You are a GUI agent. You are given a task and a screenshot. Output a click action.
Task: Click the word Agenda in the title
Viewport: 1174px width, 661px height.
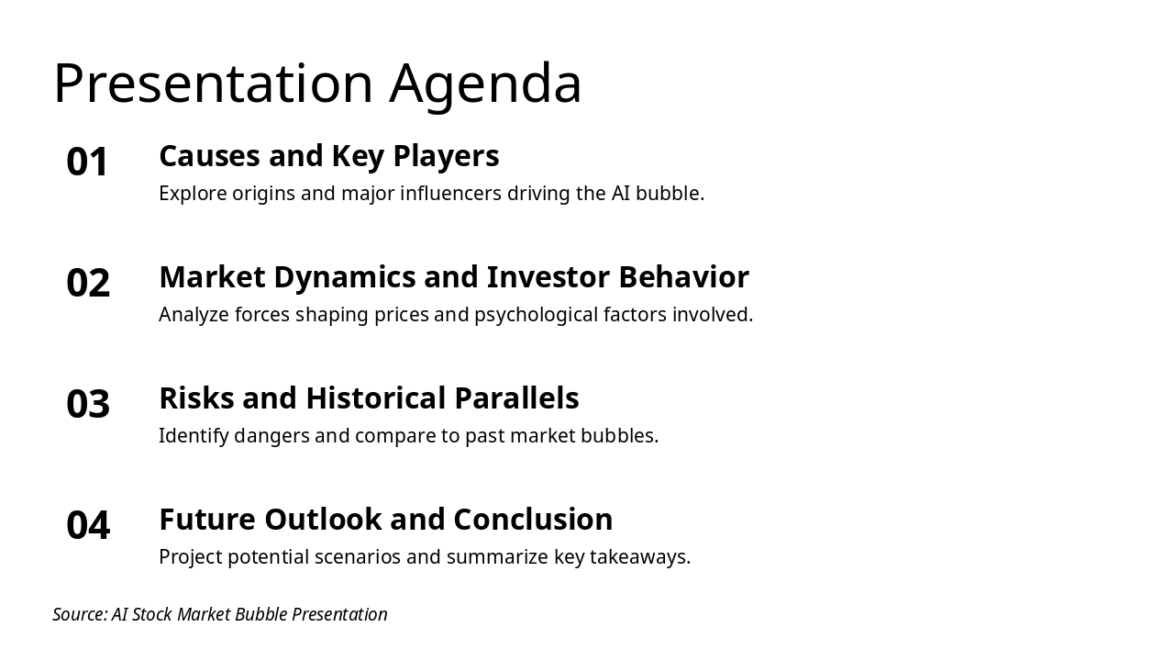pos(485,84)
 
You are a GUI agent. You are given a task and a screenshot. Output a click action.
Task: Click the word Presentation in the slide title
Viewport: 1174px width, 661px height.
pos(213,84)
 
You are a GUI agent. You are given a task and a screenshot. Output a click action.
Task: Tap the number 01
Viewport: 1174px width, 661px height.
pos(88,162)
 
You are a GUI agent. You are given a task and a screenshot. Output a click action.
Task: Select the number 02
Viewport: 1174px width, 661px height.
pos(88,284)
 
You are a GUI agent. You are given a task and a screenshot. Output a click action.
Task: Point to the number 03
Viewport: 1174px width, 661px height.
pos(88,405)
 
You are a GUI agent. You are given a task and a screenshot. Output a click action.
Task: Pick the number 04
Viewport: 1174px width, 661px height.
pos(88,526)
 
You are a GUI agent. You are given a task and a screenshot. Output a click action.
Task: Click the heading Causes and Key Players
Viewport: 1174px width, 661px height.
pos(328,156)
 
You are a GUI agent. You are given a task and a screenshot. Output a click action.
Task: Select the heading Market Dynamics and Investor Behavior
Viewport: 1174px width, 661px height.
pos(453,277)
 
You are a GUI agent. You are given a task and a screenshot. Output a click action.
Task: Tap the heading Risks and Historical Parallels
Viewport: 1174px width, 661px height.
pos(369,398)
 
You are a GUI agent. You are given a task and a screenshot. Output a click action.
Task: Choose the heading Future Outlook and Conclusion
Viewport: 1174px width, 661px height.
pos(385,520)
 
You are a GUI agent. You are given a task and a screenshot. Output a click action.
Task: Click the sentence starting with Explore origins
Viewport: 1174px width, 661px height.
pos(431,194)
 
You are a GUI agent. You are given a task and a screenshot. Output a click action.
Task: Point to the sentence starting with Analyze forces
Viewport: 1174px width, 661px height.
pos(455,315)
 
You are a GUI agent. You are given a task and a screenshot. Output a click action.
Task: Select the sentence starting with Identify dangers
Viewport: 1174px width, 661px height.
pos(408,436)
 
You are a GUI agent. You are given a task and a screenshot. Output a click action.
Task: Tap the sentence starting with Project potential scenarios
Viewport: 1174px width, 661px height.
pos(425,557)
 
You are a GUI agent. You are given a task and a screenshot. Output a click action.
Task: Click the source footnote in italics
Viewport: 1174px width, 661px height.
pos(220,614)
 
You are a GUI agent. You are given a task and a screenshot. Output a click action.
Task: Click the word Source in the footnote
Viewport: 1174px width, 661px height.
pos(79,614)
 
